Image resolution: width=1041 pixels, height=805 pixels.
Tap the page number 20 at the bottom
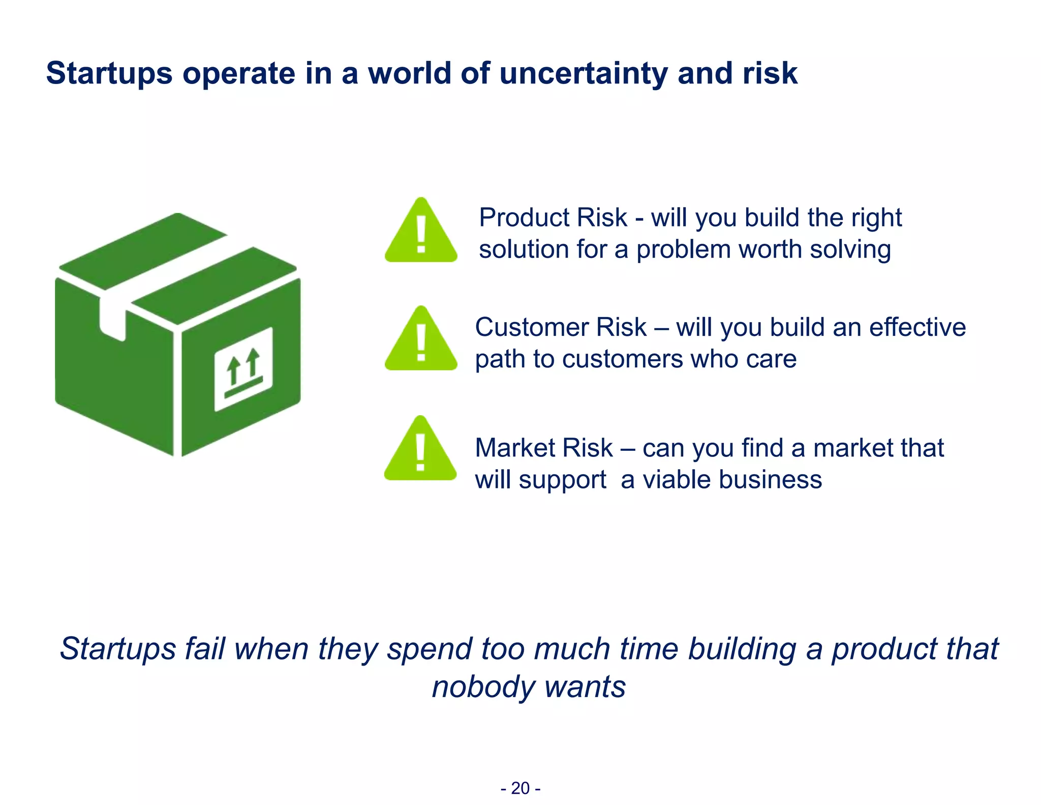(520, 788)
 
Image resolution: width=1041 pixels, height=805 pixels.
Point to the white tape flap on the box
(112, 317)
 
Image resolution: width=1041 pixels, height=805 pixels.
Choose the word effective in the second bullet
(917, 327)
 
